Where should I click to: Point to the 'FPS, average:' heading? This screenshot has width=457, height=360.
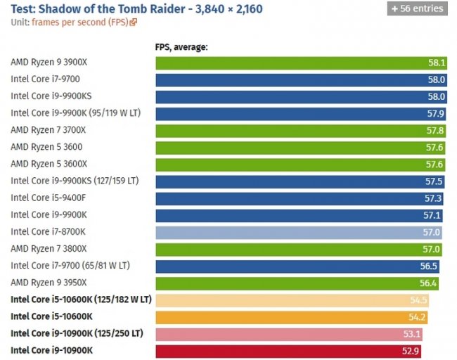coord(181,48)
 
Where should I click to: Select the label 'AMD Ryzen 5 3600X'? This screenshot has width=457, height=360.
coord(49,164)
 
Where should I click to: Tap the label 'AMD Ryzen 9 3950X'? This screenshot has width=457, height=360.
coord(49,283)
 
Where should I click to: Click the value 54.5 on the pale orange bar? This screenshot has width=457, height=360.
coord(420,300)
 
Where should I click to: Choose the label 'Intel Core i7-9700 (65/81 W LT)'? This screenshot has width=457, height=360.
coord(70,266)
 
